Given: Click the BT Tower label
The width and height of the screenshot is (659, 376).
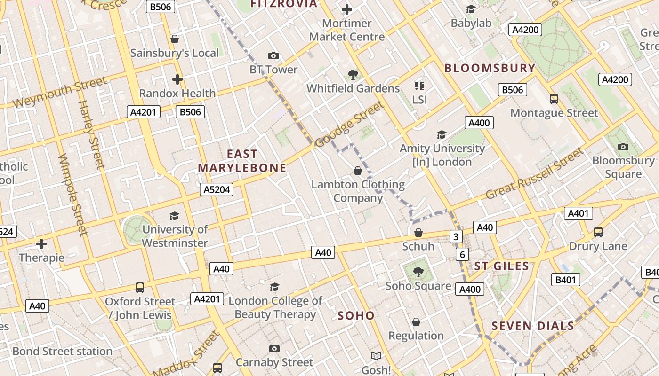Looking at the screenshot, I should pyautogui.click(x=273, y=70).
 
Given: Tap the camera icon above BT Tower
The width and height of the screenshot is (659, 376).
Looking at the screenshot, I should pyautogui.click(x=273, y=56).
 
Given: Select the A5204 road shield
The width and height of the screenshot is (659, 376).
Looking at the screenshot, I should pyautogui.click(x=217, y=189).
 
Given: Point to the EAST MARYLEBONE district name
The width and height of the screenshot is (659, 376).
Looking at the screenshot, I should pyautogui.click(x=242, y=161).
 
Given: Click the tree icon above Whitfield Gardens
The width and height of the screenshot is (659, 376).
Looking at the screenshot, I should pyautogui.click(x=353, y=74).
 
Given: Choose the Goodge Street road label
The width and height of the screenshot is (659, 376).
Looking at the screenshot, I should pyautogui.click(x=349, y=125).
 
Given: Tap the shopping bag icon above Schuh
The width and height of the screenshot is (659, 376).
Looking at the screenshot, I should pyautogui.click(x=418, y=233).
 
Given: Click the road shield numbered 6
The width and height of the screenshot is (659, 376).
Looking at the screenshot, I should pyautogui.click(x=462, y=255).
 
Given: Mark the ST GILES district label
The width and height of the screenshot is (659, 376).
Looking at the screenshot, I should pyautogui.click(x=501, y=266).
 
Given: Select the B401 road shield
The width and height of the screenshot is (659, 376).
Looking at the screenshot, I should pyautogui.click(x=565, y=280).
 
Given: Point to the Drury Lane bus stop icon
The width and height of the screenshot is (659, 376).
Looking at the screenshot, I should pyautogui.click(x=598, y=232).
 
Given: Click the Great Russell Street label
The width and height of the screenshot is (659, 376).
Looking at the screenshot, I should pyautogui.click(x=534, y=174).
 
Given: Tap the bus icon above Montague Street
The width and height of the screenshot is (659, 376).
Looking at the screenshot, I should pyautogui.click(x=554, y=99).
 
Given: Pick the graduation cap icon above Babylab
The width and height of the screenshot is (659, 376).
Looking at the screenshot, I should pyautogui.click(x=471, y=9).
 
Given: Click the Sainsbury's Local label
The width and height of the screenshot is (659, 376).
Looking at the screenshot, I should pyautogui.click(x=174, y=53).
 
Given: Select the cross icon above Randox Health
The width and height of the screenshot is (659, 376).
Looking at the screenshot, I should pyautogui.click(x=177, y=79).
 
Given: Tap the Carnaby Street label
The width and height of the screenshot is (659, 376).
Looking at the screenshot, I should pyautogui.click(x=274, y=362).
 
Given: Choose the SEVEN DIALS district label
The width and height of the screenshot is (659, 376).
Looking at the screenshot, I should pyautogui.click(x=533, y=326).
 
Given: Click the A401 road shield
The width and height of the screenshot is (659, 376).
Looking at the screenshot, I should pyautogui.click(x=578, y=213).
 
